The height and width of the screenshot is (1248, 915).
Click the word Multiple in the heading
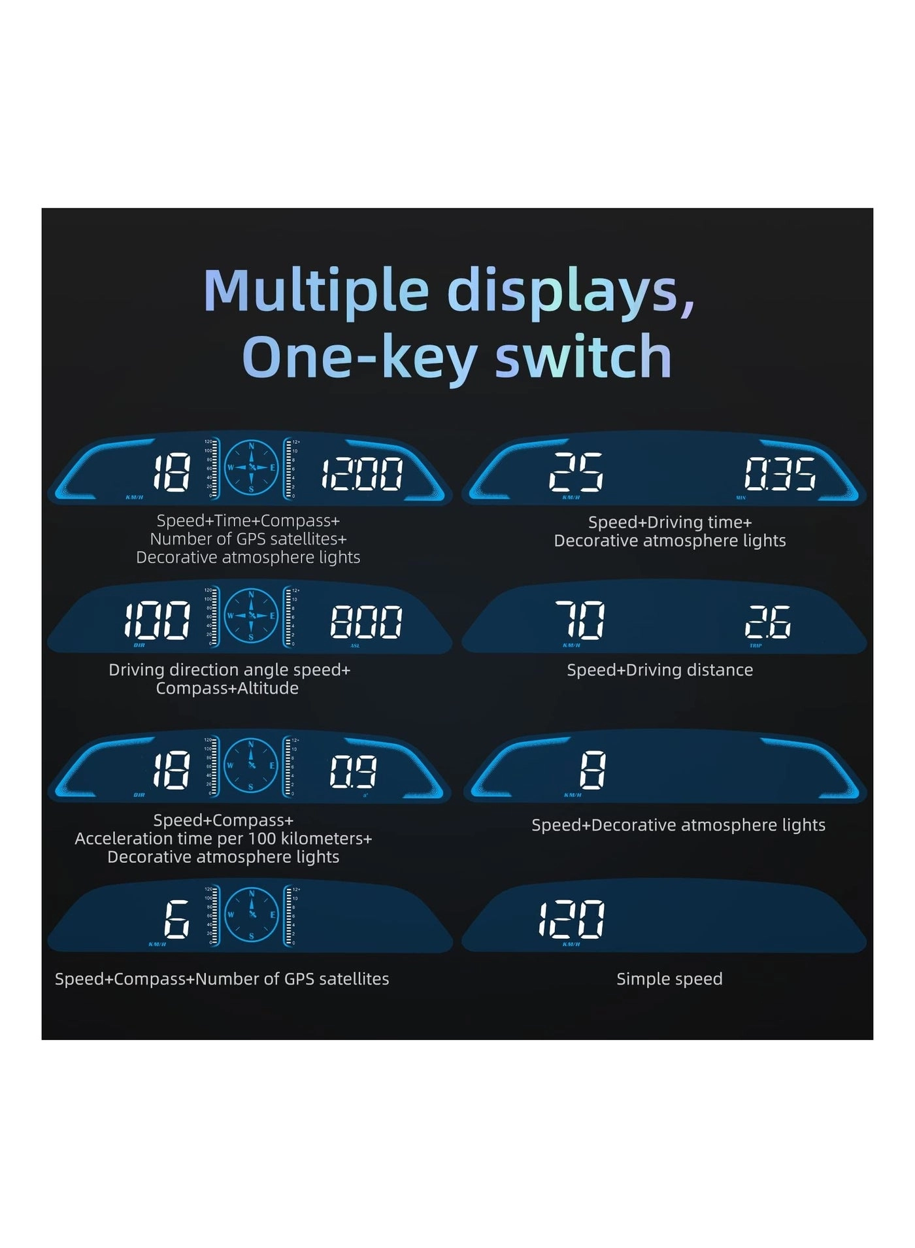[316, 291]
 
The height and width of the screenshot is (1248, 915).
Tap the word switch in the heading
[583, 356]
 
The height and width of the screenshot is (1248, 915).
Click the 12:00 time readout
[361, 474]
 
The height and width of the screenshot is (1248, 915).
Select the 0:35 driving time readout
[780, 473]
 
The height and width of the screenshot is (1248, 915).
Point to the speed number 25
[576, 472]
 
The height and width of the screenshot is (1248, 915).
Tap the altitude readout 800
[365, 622]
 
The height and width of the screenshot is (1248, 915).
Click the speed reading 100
[158, 620]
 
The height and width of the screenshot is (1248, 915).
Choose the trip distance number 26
[768, 622]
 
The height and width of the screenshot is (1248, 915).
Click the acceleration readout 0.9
[353, 771]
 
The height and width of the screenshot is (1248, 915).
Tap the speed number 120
[571, 919]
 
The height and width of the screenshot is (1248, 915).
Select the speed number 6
[176, 919]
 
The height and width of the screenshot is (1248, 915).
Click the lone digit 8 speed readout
[593, 770]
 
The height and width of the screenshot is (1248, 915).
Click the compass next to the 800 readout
[251, 616]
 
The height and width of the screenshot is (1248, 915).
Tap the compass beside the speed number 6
[251, 915]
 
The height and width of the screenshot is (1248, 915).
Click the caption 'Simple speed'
[669, 979]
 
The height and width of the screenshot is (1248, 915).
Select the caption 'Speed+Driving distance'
[659, 670]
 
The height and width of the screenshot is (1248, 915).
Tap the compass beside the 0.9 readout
[251, 766]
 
